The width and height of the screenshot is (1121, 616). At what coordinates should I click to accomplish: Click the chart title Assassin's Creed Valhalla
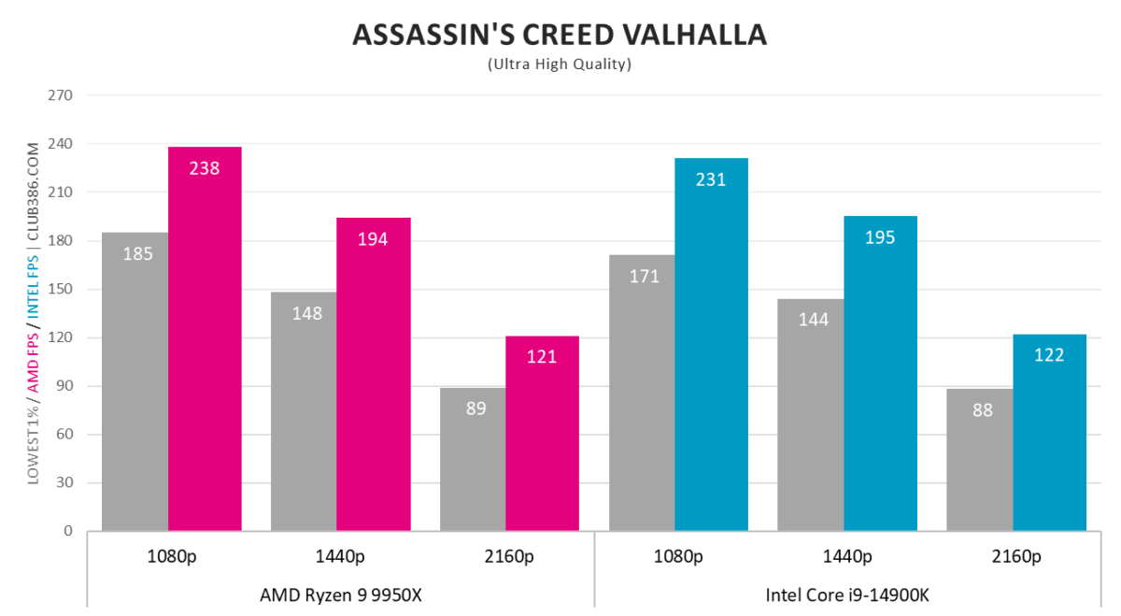click(559, 34)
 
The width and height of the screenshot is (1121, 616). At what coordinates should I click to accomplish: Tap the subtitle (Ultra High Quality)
click(559, 64)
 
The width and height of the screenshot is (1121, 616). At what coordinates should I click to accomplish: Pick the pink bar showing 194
click(374, 374)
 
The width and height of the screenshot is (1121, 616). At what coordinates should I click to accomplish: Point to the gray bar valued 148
click(305, 411)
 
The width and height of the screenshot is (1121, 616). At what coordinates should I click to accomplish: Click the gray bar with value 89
click(473, 459)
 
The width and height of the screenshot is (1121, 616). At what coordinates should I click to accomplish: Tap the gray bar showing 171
click(642, 393)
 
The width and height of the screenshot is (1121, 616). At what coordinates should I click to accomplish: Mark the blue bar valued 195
click(880, 373)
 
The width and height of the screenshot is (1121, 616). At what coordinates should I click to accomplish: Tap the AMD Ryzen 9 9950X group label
click(340, 594)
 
